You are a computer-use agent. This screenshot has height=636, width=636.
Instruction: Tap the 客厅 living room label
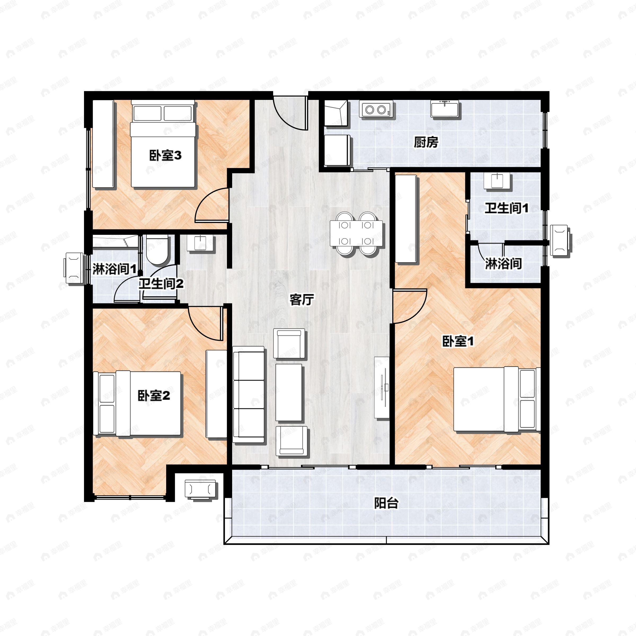point(301,299)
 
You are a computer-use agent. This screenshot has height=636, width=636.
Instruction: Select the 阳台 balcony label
point(386,503)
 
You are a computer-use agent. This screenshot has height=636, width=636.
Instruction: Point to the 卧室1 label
point(458,342)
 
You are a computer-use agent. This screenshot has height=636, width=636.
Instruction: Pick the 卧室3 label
point(165,155)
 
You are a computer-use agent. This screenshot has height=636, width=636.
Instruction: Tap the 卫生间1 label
point(506,208)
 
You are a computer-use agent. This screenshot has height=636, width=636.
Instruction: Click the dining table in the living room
point(356,234)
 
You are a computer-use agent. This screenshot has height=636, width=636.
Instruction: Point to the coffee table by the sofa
point(289,392)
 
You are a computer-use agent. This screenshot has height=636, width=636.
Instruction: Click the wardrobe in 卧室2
point(216,394)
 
